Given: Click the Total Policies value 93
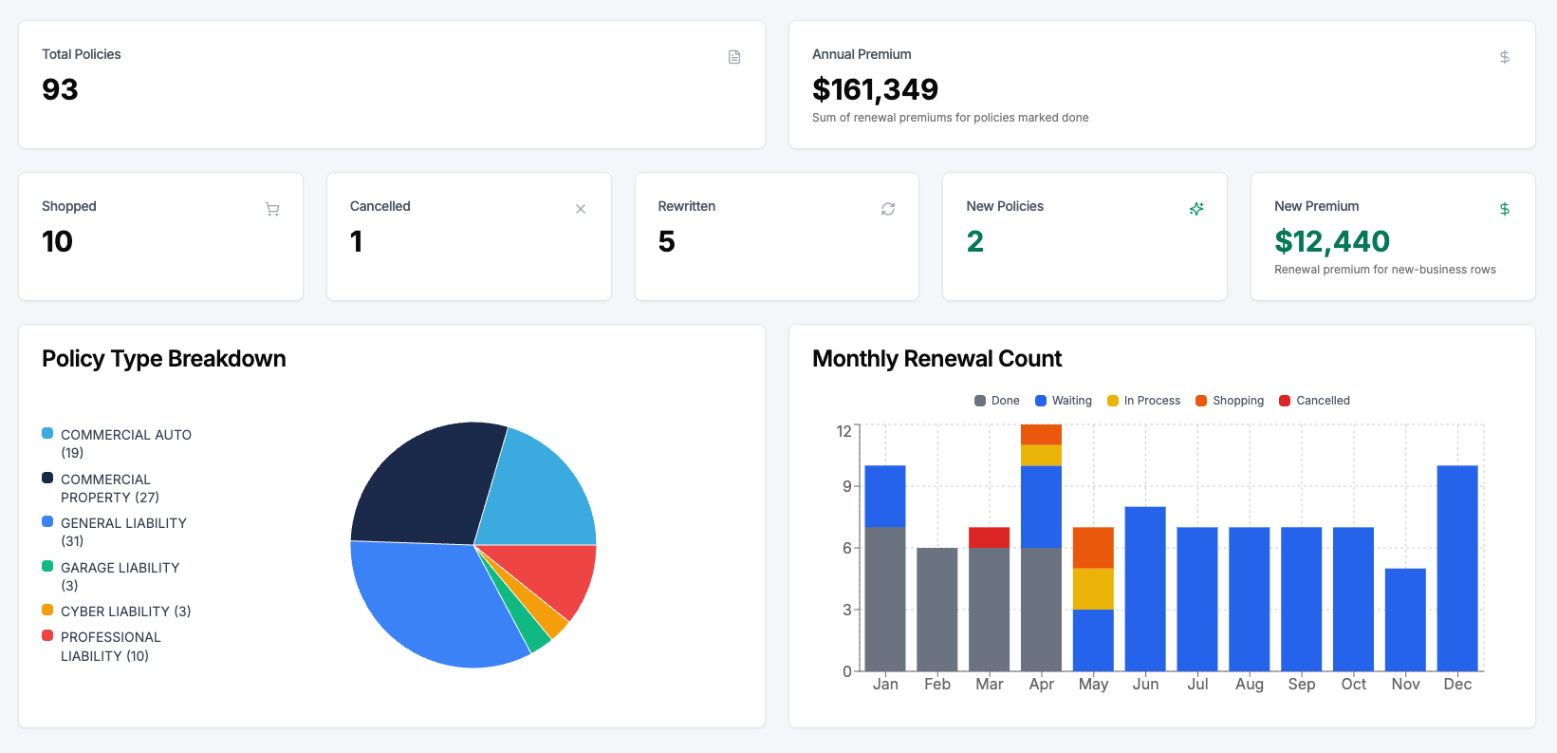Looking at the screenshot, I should [x=60, y=89].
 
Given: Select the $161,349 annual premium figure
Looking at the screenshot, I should [x=875, y=89].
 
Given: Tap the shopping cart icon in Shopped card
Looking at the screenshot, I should [x=272, y=209].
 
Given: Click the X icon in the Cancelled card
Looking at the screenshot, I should [x=581, y=209].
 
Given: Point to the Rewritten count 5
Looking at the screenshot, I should [x=666, y=241].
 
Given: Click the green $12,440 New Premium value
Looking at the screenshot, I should [x=1331, y=241].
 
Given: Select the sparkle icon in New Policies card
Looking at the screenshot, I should [x=1196, y=209].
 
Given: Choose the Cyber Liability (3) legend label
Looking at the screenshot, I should [x=125, y=612].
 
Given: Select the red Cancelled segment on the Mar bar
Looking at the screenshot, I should [x=989, y=537].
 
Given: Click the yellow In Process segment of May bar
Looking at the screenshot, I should [x=1093, y=589].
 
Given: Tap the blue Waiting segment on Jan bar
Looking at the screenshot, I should [x=884, y=496].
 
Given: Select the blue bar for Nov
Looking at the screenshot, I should [x=1405, y=619].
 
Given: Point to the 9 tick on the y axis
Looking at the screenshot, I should [x=845, y=486].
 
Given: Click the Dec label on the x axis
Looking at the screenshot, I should [x=1457, y=684].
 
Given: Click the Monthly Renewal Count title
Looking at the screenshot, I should [x=936, y=359].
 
